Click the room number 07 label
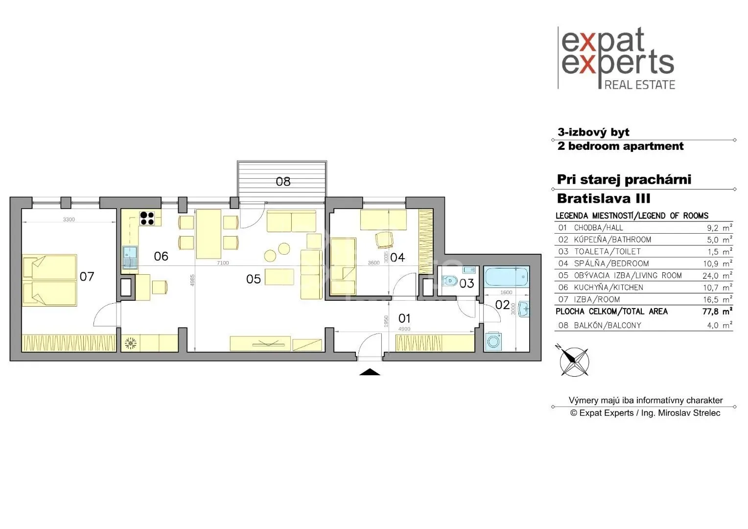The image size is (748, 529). (87, 276)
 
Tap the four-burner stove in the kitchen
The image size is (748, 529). (147, 218)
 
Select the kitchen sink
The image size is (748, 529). (130, 257)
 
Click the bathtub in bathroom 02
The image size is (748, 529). (506, 276)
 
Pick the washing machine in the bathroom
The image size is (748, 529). (493, 341)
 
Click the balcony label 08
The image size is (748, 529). (283, 181)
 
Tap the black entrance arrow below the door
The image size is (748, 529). (370, 372)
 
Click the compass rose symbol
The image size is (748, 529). (574, 361)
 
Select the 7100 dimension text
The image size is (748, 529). (223, 263)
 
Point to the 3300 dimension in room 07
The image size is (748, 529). (69, 219)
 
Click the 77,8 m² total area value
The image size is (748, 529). (717, 312)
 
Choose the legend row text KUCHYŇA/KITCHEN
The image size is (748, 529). (608, 288)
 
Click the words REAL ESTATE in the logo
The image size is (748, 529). (639, 85)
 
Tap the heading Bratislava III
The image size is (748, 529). (604, 198)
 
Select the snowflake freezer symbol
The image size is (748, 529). (131, 343)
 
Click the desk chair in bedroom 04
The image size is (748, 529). (384, 240)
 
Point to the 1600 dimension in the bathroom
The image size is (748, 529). (506, 292)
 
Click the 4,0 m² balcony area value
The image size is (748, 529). (720, 325)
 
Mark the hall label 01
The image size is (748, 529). (404, 318)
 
